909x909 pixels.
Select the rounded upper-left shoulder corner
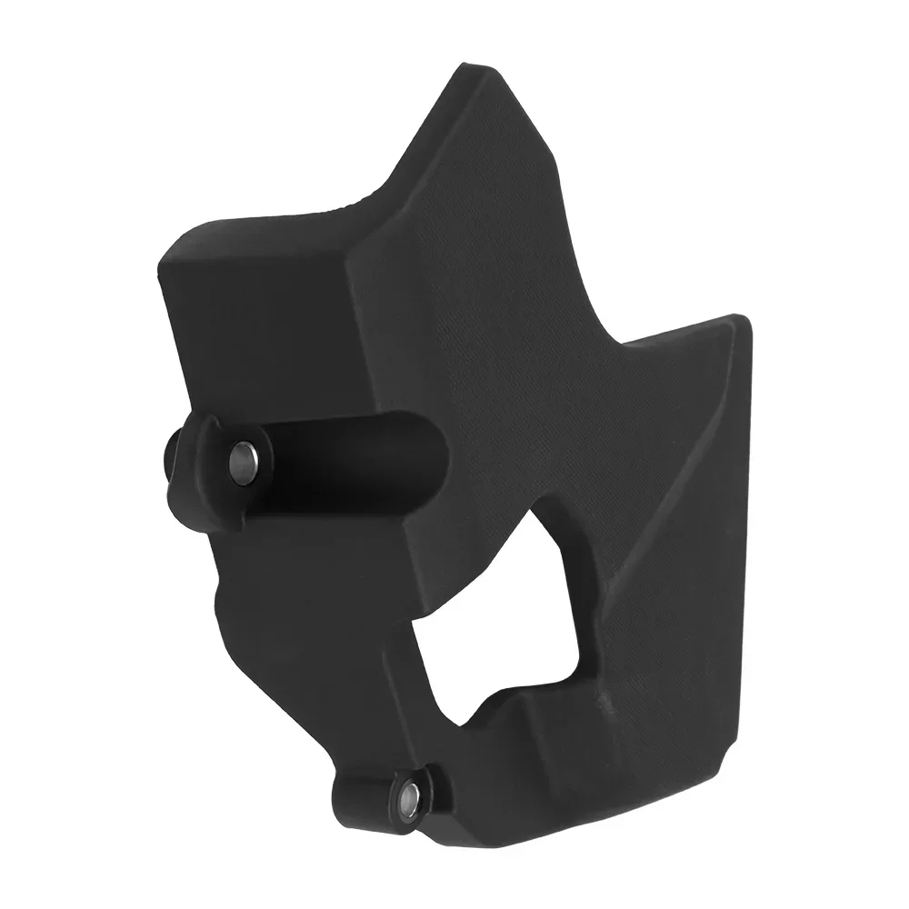173,259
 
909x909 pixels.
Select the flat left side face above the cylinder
264,336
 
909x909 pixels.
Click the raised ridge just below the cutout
545,718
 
